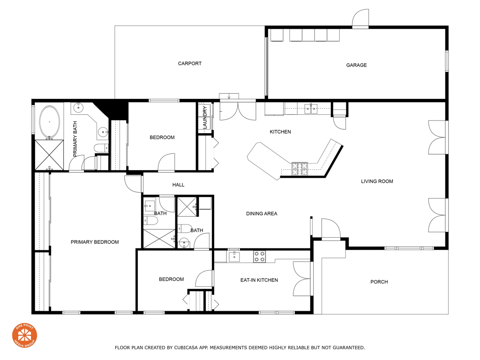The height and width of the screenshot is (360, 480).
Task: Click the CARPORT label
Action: (x=190, y=63)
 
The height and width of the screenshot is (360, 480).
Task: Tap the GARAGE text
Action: (x=356, y=65)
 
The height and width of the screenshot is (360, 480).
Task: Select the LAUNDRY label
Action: (x=205, y=118)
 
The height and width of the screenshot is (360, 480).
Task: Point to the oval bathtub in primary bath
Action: (x=49, y=122)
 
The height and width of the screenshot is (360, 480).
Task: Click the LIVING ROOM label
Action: (x=377, y=181)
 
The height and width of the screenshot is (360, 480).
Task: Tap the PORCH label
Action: (x=379, y=282)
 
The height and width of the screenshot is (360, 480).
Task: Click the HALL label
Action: (x=178, y=185)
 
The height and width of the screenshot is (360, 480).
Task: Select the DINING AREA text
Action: (x=262, y=213)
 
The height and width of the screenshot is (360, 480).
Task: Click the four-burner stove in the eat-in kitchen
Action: (x=259, y=256)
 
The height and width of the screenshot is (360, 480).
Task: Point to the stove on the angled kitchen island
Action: (x=300, y=169)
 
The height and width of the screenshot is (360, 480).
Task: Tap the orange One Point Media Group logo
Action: (x=24, y=335)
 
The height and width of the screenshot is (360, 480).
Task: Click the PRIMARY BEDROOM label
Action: (x=95, y=242)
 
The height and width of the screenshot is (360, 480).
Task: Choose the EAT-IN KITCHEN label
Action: (x=259, y=280)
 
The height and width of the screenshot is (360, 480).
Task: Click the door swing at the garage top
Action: (x=360, y=18)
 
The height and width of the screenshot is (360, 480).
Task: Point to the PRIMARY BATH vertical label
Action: (x=75, y=139)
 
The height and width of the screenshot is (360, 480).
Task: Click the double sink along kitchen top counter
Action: (x=311, y=109)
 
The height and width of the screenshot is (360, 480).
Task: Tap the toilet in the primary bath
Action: (x=101, y=148)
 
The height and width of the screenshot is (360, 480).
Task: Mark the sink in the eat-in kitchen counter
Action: (x=234, y=256)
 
